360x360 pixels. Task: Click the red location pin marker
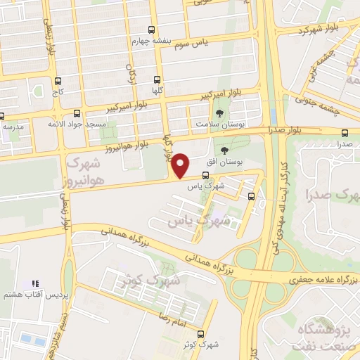coord(180,166)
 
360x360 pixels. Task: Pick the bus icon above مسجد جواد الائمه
coord(77,112)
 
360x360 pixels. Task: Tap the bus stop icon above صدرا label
coord(345,132)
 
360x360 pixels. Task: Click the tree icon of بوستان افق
coord(225,150)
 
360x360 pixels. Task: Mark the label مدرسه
coord(13,127)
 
